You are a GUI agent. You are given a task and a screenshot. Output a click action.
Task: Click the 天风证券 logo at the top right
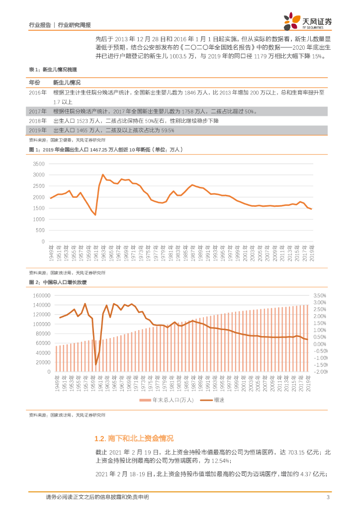(x=307, y=21)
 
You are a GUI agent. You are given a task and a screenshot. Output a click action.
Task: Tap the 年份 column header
(x=34, y=82)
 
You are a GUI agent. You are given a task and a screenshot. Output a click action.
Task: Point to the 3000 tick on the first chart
(x=39, y=175)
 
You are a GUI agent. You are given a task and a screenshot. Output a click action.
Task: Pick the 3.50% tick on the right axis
(x=320, y=295)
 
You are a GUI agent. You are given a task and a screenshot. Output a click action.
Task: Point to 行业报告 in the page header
(x=40, y=24)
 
